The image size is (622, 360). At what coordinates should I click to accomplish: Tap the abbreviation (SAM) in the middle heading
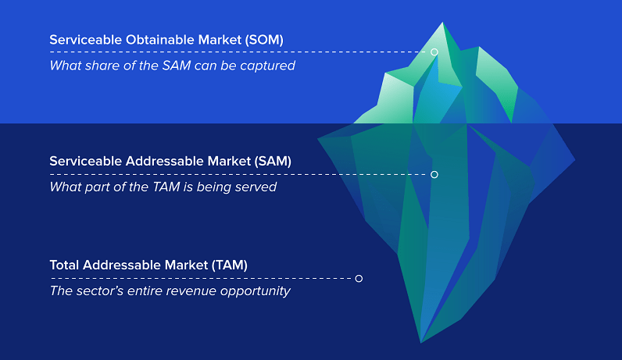point(273,161)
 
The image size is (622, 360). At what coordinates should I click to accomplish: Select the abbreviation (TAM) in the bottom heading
point(230,265)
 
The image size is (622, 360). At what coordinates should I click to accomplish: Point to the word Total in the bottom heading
point(66,265)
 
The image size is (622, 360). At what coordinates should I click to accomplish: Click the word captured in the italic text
point(269,66)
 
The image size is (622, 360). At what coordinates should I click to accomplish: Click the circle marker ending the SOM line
point(434,52)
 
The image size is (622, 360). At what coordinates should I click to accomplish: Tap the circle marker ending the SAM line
point(434,174)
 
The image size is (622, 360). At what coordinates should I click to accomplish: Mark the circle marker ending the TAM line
point(359,278)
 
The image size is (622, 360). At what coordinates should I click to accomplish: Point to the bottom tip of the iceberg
point(421,341)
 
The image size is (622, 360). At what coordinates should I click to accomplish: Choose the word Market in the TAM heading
point(181,265)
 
